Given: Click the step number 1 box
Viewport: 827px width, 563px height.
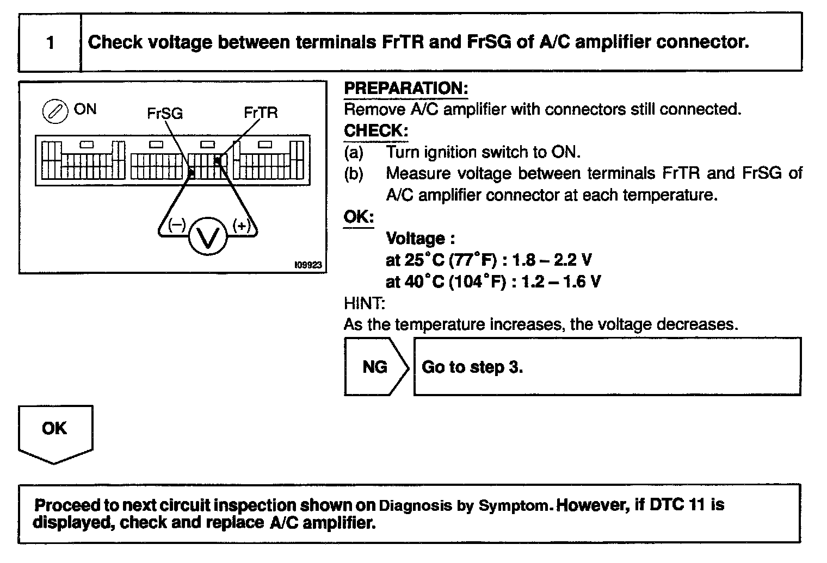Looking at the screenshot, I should (50, 42).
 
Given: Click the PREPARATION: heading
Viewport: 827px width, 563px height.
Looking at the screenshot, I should (406, 89).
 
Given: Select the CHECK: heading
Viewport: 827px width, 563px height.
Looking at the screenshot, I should (376, 131).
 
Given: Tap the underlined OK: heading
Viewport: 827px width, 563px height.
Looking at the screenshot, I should (359, 217).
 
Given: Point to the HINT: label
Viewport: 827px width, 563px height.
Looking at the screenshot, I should (364, 303).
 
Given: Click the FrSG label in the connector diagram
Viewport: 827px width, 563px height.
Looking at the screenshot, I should (165, 113).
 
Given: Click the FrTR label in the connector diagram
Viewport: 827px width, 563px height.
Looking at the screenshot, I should (261, 112).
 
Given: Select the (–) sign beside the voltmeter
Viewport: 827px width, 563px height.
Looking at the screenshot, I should (177, 225).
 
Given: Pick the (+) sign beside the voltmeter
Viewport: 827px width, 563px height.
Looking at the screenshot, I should (241, 225).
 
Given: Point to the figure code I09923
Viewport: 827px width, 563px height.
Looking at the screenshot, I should (308, 265).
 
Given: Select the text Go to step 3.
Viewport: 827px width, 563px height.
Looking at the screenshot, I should (472, 367).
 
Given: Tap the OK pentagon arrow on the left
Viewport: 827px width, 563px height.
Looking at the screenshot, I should (55, 432).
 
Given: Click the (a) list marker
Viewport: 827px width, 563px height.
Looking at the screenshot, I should (354, 152).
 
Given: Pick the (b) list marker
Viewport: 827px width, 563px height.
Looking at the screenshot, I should (354, 174).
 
